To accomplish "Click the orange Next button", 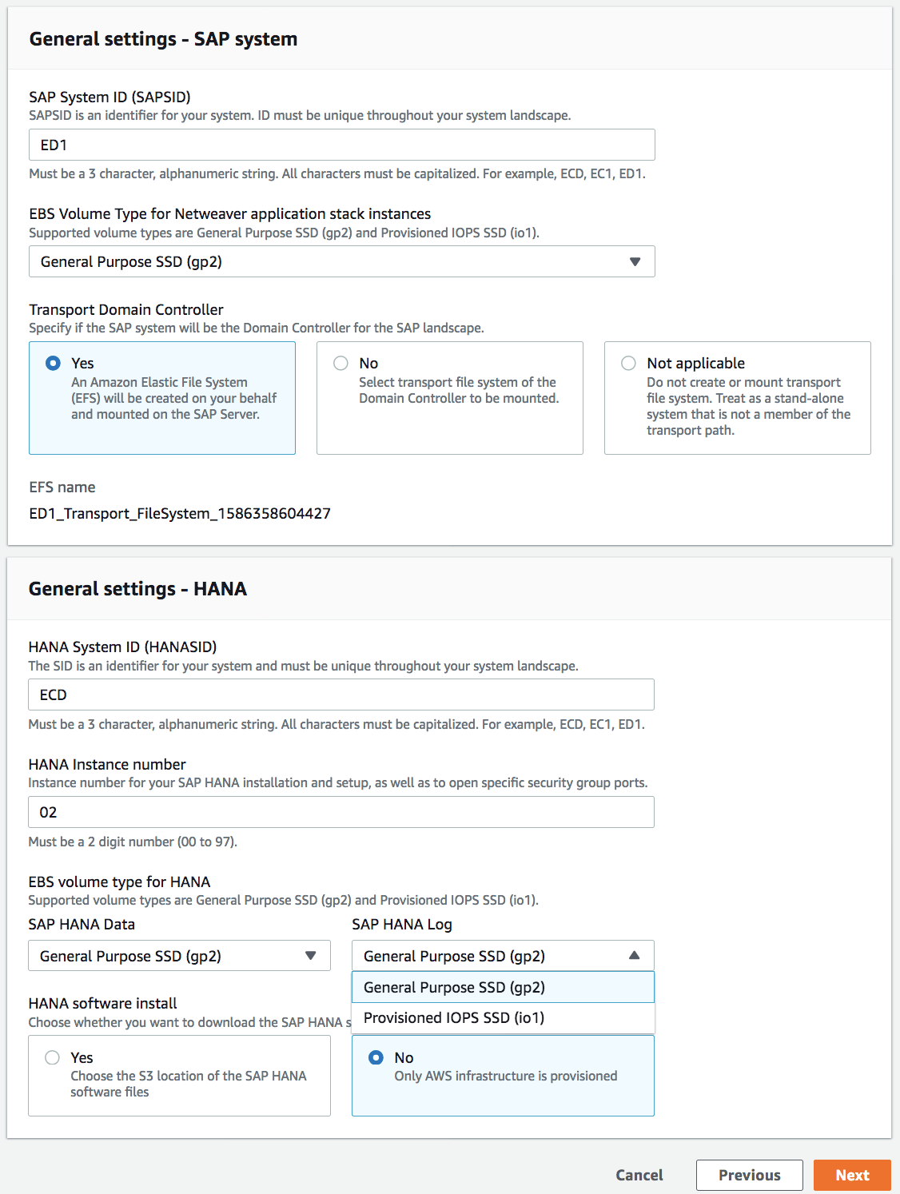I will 852,1175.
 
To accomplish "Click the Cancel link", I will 639,1175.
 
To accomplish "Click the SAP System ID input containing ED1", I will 341,145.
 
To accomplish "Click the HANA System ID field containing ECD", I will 341,695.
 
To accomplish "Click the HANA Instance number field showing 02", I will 341,812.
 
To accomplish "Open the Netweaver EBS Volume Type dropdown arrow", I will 635,261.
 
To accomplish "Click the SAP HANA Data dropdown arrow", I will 311,956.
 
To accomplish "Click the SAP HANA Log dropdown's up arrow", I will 635,956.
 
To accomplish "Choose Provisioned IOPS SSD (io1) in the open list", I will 454,1017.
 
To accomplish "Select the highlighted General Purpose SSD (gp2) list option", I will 454,987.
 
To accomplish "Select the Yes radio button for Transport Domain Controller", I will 53,363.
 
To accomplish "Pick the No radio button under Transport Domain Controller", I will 341,363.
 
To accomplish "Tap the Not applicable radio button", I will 629,363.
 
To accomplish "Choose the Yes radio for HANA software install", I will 53,1057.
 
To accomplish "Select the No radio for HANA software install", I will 376,1057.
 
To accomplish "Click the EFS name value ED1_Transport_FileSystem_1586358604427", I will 180,513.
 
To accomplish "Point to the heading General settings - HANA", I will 137,589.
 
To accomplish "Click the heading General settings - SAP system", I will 163,39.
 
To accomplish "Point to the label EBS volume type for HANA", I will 119,882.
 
